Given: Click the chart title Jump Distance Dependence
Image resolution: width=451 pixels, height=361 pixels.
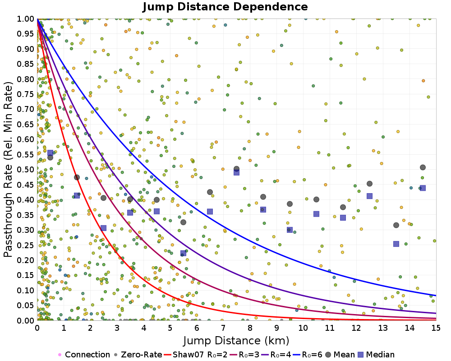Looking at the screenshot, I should point(225,7).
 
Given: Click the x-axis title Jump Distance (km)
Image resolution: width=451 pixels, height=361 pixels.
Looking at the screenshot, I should point(236,340).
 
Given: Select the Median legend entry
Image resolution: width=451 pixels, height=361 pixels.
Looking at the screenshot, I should point(377,355).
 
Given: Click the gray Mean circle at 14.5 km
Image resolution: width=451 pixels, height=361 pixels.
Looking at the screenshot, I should point(423,167).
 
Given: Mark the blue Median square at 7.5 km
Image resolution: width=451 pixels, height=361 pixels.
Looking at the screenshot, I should point(236,172).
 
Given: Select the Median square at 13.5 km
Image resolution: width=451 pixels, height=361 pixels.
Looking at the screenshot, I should point(396,244).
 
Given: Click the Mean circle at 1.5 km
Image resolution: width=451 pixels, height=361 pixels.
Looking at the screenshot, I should point(77,177).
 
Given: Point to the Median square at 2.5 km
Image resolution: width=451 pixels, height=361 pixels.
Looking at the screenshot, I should point(103,228).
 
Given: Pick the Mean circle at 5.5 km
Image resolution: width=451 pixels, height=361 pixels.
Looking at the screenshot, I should point(183,222).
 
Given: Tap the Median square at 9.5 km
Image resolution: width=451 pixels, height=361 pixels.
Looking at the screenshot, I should point(290,230).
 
